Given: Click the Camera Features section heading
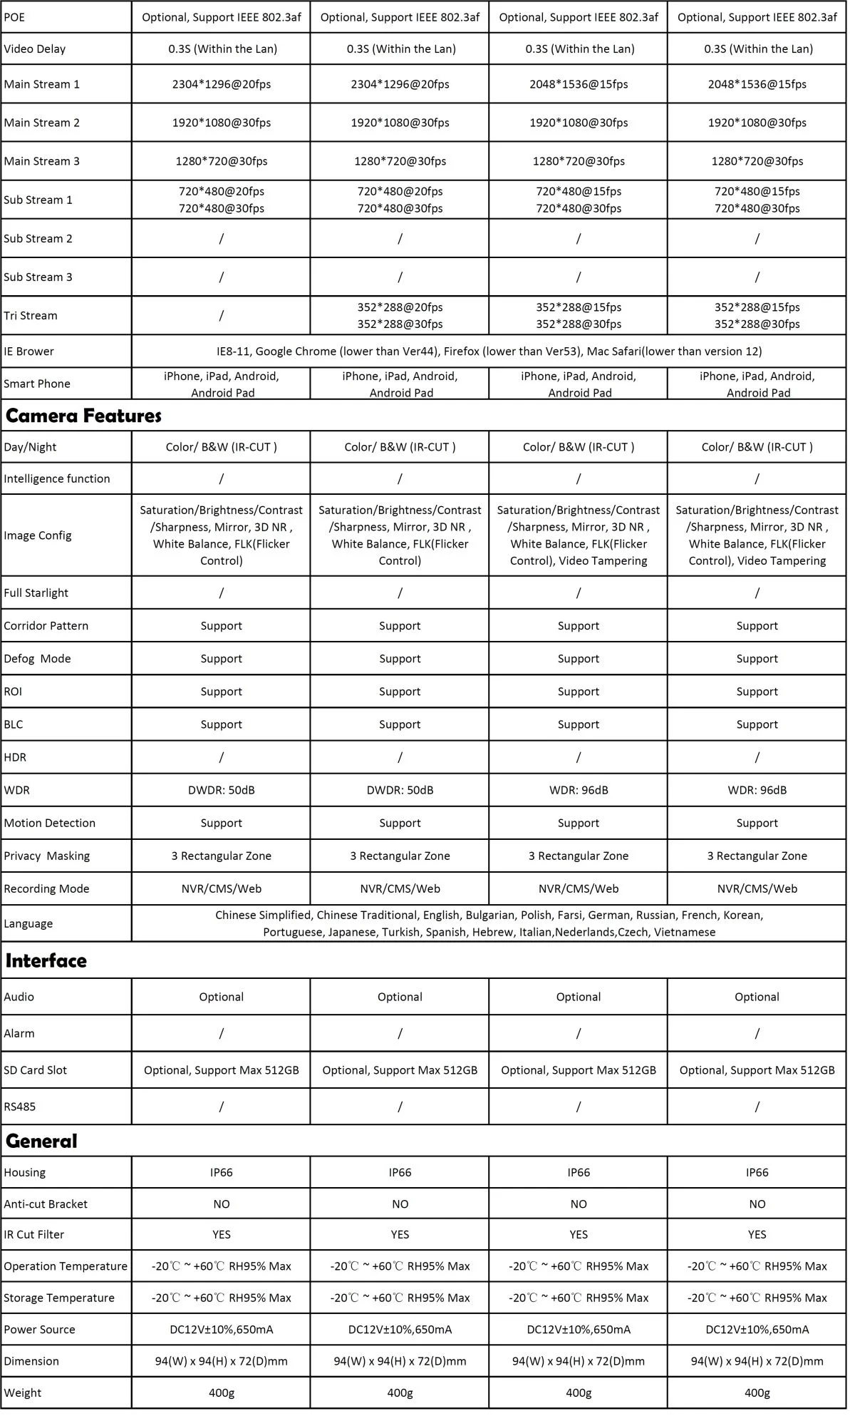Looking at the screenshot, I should [x=83, y=416].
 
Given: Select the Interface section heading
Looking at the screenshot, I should [x=46, y=960].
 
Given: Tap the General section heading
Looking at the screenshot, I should [x=41, y=1141].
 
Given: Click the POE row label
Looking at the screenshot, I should [x=14, y=17].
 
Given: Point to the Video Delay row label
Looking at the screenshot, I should [x=34, y=49].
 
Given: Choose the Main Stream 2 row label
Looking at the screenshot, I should [x=41, y=123].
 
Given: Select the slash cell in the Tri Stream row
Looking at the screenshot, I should [x=221, y=315].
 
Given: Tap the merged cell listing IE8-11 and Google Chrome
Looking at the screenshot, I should [x=489, y=352].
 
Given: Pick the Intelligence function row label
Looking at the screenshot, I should [x=57, y=478].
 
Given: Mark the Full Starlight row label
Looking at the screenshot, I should [x=36, y=593].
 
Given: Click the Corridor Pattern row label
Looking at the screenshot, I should [x=46, y=626].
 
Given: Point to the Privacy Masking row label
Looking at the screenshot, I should [x=46, y=856].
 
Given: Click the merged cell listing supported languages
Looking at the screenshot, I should [x=489, y=923].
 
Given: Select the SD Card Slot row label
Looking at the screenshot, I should [x=35, y=1070].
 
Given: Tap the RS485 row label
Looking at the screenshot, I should [x=19, y=1107].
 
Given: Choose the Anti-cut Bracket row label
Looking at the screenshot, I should [x=46, y=1204].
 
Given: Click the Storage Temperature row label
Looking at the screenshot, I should [x=58, y=1298].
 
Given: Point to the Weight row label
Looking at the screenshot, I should [x=22, y=1392].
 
